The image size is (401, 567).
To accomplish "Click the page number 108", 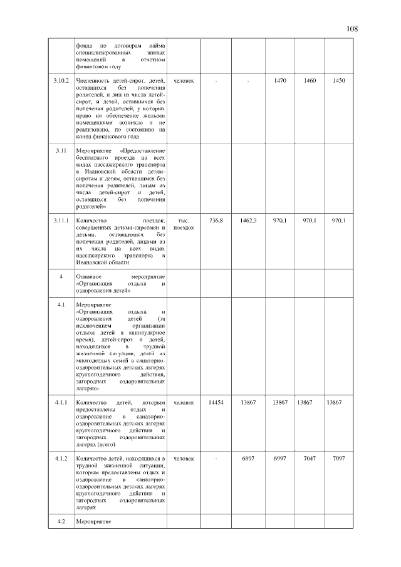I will pyautogui.click(x=352, y=29).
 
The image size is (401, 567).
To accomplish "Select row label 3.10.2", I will pyautogui.click(x=61, y=81).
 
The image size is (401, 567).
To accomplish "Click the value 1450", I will pyautogui.click(x=339, y=81).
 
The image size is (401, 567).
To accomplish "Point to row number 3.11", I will pyautogui.click(x=61, y=152).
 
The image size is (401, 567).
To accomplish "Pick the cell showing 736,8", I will pyautogui.click(x=216, y=221).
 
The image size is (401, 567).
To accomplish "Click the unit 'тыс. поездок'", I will pyautogui.click(x=184, y=224).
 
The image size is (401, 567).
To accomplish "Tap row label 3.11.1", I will pyautogui.click(x=61, y=221).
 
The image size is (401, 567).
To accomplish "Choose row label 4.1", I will pyautogui.click(x=61, y=304).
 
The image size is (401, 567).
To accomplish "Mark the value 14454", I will pyautogui.click(x=216, y=402).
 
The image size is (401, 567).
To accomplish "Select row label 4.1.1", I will pyautogui.click(x=61, y=402).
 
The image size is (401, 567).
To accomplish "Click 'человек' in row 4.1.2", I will pyautogui.click(x=184, y=459).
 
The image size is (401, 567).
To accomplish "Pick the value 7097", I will pyautogui.click(x=339, y=459).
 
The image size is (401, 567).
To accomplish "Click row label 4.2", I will pyautogui.click(x=61, y=521).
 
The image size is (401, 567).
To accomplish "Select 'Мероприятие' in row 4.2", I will pyautogui.click(x=93, y=521).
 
